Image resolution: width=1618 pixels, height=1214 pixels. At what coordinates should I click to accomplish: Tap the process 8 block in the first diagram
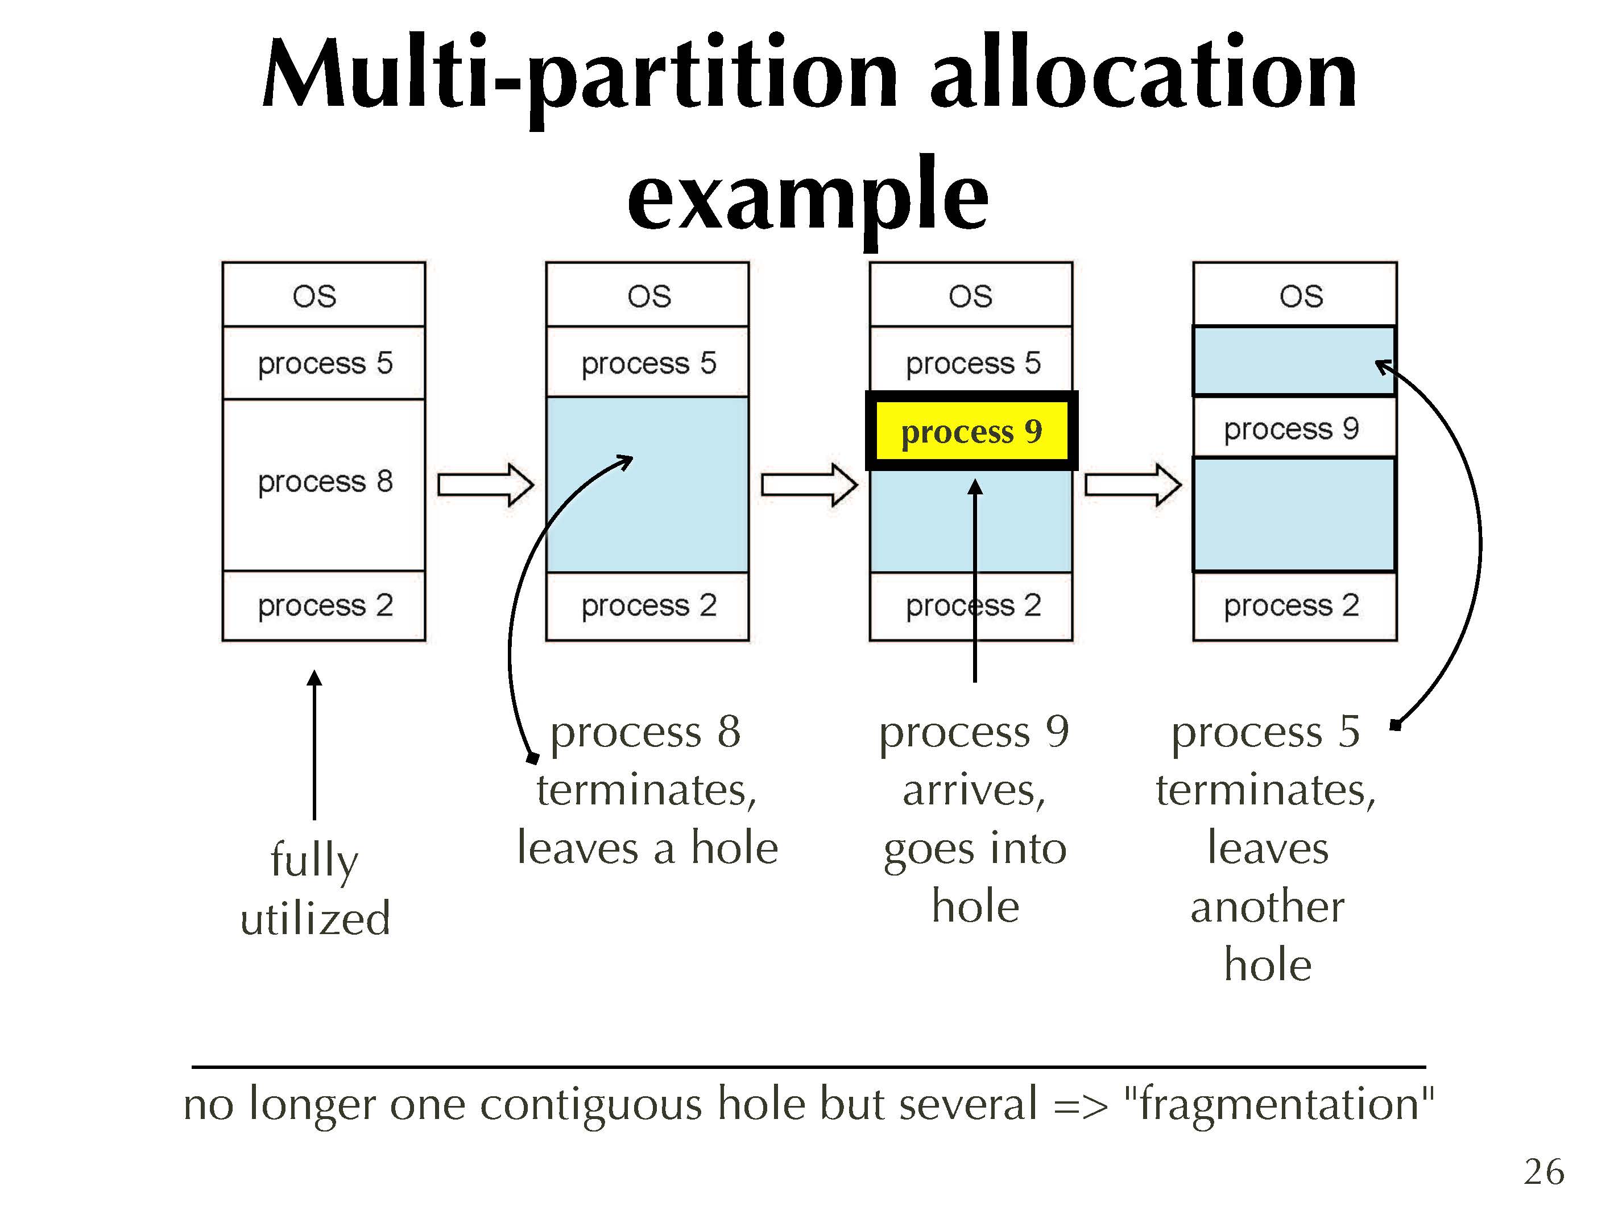point(324,485)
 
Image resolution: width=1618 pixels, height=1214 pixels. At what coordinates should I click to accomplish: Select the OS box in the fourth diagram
point(1295,294)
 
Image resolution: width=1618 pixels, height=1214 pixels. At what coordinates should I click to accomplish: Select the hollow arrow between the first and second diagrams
point(486,485)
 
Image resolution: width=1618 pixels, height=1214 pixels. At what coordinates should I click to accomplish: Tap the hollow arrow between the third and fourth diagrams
point(1132,485)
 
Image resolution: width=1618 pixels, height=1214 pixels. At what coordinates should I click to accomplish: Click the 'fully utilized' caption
point(315,889)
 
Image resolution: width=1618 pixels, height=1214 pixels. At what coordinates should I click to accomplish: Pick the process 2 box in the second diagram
point(647,606)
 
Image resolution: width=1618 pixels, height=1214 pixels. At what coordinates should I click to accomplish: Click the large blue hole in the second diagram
point(647,485)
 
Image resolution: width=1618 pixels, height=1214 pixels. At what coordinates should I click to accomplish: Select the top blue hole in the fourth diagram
point(1295,361)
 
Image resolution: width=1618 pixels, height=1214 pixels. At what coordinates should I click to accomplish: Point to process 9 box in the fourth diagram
point(1295,427)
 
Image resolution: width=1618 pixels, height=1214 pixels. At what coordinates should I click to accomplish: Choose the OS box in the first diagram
point(324,294)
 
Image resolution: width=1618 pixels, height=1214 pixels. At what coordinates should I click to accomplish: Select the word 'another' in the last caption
point(1268,907)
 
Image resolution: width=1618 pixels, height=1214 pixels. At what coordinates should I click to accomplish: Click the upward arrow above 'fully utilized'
point(315,745)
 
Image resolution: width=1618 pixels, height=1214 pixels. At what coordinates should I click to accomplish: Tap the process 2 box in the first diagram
point(324,606)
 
